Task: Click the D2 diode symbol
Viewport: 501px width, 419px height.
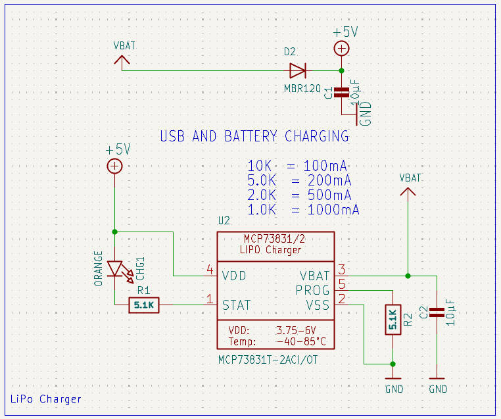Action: [298, 70]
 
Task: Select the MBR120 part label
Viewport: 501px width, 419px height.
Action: [302, 87]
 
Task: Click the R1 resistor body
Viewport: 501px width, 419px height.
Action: [143, 305]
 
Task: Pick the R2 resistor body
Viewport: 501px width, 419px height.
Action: [393, 319]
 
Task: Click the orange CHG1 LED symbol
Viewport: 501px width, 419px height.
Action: [116, 269]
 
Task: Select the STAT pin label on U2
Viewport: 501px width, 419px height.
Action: [236, 305]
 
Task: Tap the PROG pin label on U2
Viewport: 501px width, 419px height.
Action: [313, 290]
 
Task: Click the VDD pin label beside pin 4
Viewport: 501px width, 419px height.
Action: [235, 276]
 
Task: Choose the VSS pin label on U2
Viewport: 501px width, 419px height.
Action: [318, 305]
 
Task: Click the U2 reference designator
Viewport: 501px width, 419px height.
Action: [224, 220]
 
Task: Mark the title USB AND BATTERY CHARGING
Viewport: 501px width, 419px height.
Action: [254, 137]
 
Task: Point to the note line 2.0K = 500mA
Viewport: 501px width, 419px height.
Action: [299, 195]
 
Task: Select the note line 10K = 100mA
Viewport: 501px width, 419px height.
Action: [297, 165]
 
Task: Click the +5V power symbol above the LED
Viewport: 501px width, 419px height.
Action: [114, 166]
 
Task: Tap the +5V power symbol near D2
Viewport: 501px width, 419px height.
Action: [341, 47]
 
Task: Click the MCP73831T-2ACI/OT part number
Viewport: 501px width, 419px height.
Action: [267, 360]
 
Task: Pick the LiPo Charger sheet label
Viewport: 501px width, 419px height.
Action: [46, 399]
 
